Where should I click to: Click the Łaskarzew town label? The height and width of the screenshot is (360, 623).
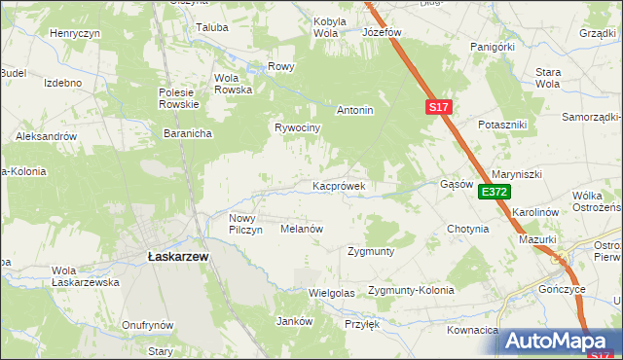[177, 255]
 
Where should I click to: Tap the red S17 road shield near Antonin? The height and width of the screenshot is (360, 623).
[437, 109]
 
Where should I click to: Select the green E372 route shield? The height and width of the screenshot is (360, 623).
[494, 193]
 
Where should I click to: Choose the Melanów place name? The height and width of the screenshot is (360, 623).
[301, 229]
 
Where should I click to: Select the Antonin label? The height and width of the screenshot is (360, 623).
[355, 111]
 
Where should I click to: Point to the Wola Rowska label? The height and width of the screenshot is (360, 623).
[233, 84]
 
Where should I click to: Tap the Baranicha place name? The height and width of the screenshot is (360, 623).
[188, 133]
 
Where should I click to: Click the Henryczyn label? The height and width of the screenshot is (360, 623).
[76, 33]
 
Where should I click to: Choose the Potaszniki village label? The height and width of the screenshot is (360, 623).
[502, 126]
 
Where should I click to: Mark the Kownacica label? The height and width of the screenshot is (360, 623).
[473, 331]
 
